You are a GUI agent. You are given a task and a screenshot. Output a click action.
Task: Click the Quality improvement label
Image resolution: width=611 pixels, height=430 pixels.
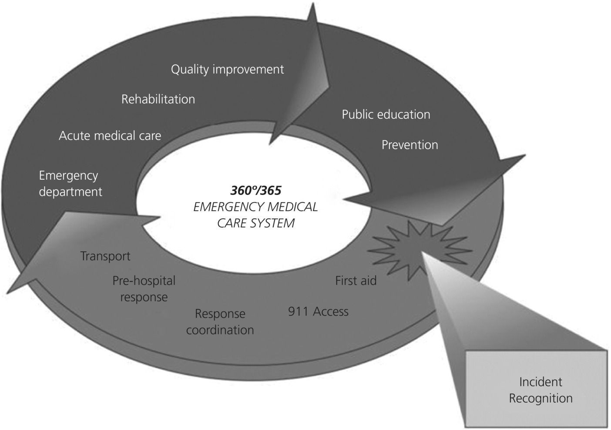(227, 70)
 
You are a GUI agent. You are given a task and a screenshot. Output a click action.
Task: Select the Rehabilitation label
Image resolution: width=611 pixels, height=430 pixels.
(158, 99)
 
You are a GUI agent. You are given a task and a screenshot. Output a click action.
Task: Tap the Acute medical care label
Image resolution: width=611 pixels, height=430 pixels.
(110, 136)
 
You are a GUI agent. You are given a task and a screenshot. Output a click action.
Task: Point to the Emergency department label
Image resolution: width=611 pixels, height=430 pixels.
(70, 184)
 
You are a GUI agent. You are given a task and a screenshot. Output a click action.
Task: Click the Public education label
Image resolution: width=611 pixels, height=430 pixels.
(386, 114)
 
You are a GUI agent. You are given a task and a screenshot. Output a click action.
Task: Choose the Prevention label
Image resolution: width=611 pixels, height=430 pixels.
(410, 145)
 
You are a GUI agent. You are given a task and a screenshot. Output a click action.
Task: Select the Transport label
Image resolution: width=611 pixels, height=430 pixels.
(105, 256)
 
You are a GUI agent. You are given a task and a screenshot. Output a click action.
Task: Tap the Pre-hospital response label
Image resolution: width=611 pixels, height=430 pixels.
(144, 289)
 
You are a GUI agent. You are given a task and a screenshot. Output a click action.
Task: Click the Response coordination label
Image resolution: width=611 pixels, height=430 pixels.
(220, 322)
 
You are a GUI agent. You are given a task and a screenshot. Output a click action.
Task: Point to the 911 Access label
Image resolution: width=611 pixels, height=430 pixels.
(318, 312)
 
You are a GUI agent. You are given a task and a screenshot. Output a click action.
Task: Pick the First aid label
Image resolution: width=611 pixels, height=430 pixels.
(356, 281)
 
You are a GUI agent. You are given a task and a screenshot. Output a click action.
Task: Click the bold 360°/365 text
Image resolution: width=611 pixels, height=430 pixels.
(255, 190)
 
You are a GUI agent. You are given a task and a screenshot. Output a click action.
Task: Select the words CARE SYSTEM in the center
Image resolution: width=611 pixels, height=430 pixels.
(255, 223)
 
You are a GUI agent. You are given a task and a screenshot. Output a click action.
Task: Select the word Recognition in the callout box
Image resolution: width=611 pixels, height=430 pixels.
(540, 398)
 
